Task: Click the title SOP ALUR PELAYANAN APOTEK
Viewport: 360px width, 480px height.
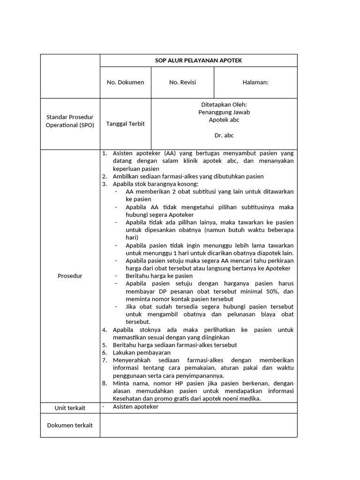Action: click(x=198, y=60)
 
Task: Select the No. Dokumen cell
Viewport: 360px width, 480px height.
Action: click(x=125, y=82)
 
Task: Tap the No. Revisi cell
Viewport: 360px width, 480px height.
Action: click(x=182, y=82)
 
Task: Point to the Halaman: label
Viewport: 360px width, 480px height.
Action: click(x=255, y=82)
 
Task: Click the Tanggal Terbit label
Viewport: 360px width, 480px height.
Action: click(x=125, y=124)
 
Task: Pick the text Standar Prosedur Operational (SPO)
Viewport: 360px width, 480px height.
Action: click(x=70, y=120)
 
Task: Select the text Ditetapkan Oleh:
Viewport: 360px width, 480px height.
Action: click(x=224, y=105)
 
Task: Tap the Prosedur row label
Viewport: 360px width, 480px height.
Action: click(x=70, y=276)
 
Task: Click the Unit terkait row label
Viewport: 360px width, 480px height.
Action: click(x=70, y=408)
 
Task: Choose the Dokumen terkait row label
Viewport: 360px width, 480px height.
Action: click(x=70, y=425)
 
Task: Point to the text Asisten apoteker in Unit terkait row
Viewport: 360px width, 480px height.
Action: click(x=135, y=407)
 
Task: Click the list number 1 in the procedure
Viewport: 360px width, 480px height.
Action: click(x=104, y=154)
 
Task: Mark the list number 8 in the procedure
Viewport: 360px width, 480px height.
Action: click(x=104, y=383)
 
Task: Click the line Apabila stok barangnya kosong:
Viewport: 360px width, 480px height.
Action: click(x=149, y=184)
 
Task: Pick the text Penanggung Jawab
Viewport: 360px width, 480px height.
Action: click(x=224, y=112)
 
